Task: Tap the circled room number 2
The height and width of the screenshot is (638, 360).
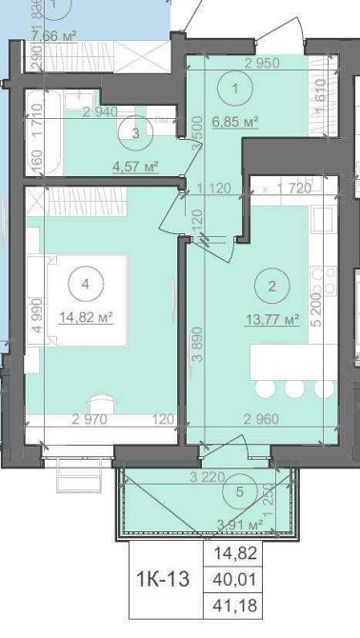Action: (272, 285)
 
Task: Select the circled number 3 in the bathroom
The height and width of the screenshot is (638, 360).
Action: (137, 133)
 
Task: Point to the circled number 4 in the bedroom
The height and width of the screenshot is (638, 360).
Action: (86, 283)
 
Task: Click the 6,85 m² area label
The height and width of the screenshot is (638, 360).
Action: (236, 121)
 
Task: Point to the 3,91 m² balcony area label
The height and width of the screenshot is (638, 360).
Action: (240, 524)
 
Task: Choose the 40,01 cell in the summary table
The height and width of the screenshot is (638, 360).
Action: (237, 578)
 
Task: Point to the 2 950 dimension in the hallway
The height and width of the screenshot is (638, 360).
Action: (261, 64)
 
